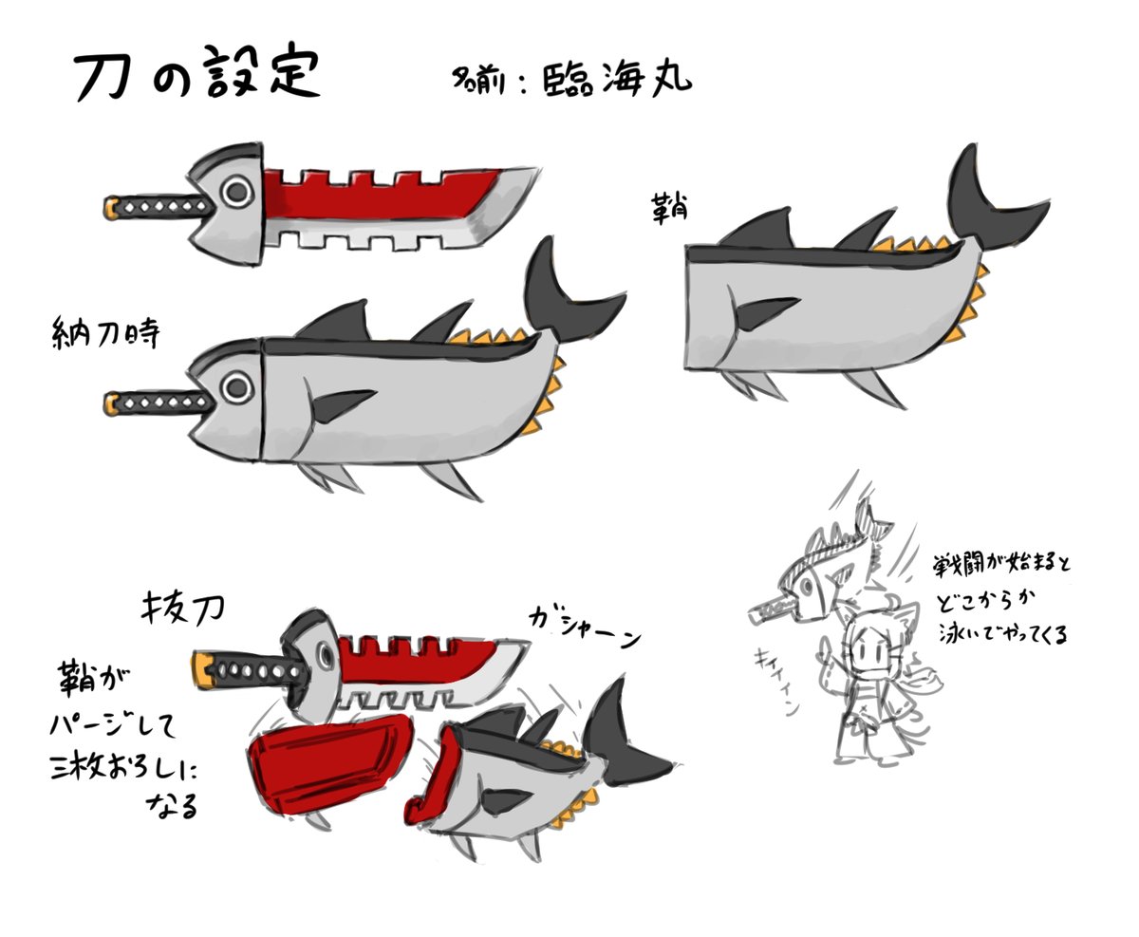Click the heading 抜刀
(x=180, y=608)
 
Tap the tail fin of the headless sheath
(x=987, y=199)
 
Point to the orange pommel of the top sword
(x=111, y=206)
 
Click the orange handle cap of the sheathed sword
(x=111, y=403)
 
